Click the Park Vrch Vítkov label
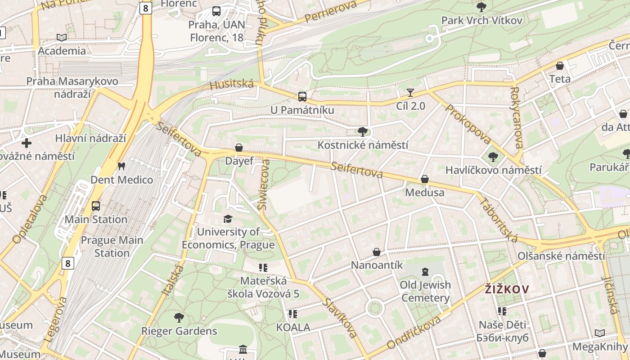pos(481,20)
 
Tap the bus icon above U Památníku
pos(302,96)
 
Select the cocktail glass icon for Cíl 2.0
pos(410,93)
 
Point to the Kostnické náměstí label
pos(363,145)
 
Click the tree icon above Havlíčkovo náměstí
pos(493,157)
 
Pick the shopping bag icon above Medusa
pos(424,180)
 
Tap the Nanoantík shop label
pos(377,265)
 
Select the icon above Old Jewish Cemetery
pos(425,271)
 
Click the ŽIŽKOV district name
pos(507,289)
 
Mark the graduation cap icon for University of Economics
pos(228,219)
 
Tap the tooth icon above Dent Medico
pos(121,166)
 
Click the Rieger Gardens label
pos(179,331)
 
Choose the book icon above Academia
pos(62,37)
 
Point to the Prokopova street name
pos(468,124)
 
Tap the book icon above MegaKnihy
pos(599,333)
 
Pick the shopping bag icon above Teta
pos(560,66)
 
